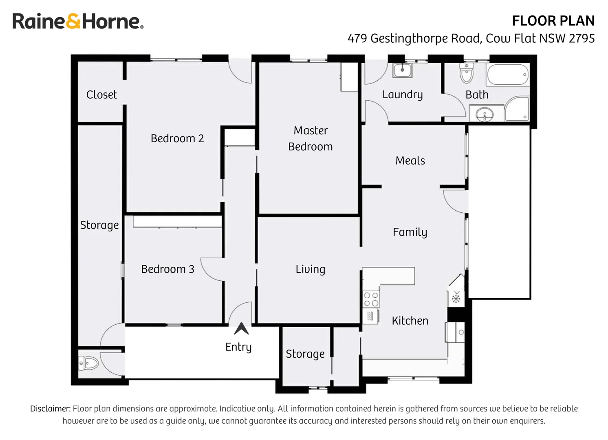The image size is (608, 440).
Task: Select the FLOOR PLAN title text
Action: (553, 21)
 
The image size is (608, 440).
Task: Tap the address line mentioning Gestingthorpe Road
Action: (471, 38)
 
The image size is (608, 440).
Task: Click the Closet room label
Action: (101, 95)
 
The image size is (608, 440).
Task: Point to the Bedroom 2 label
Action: (177, 139)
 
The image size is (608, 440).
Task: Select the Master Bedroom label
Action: (311, 139)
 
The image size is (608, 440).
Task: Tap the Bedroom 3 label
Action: (167, 269)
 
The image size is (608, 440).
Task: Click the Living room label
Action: (310, 269)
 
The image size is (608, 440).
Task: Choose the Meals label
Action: (410, 161)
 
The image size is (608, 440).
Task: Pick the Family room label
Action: (410, 232)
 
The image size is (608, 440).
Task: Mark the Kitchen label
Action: (410, 321)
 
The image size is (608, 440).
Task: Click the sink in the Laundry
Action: (403, 70)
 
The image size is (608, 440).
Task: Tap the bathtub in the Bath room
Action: (508, 75)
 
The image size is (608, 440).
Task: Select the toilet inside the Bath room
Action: (466, 73)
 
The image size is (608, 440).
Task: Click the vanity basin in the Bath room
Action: (485, 114)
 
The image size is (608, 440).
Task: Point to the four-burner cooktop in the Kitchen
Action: (371, 299)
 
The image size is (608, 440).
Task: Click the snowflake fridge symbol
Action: (456, 298)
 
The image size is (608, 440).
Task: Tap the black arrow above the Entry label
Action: (241, 328)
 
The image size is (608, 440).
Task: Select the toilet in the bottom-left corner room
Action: (89, 363)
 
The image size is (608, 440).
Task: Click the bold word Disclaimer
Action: (50, 409)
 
